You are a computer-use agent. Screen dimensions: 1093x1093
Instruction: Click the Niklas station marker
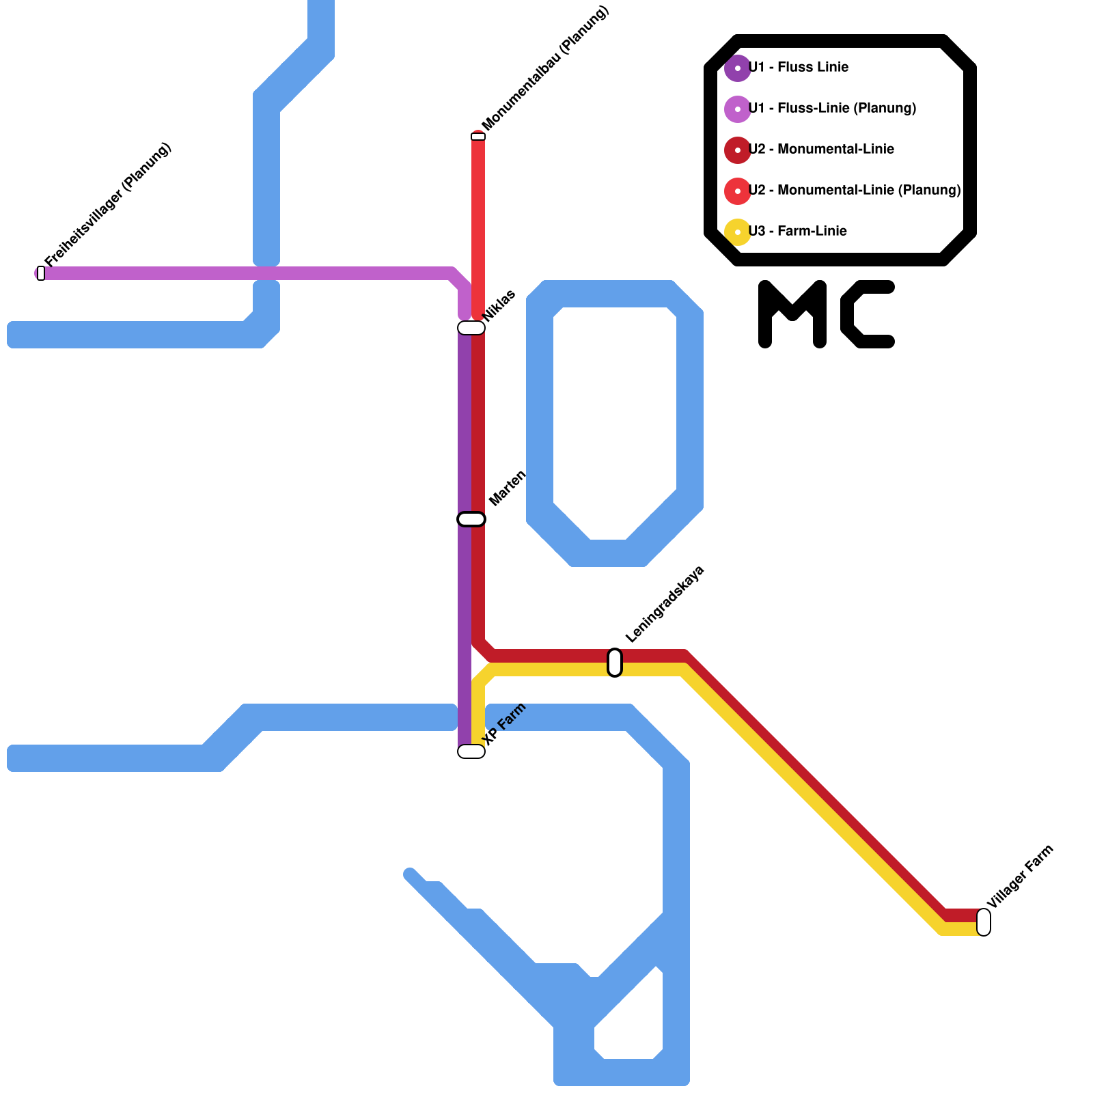pos(471,328)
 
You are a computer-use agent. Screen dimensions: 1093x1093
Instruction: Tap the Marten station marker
pos(471,519)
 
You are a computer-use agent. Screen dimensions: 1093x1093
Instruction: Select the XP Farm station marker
pos(471,751)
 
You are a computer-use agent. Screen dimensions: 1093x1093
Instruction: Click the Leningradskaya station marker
pos(615,663)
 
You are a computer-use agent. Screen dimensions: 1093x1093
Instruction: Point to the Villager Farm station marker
pos(984,922)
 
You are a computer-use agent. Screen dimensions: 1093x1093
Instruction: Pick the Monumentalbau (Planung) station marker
pos(478,137)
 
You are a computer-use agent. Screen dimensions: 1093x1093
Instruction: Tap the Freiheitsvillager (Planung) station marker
pos(41,273)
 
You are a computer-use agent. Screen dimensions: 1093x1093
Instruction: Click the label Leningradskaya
pos(664,605)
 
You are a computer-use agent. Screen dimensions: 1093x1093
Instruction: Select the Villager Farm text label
pos(1020,877)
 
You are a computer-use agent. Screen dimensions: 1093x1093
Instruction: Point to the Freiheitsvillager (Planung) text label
pos(108,205)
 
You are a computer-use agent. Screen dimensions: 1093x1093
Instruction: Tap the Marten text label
pos(508,488)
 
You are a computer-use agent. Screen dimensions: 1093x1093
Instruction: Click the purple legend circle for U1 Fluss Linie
pos(738,68)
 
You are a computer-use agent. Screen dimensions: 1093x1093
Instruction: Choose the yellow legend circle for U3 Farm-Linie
pos(738,232)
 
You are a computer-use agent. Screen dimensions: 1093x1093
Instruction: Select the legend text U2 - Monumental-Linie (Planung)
pos(855,190)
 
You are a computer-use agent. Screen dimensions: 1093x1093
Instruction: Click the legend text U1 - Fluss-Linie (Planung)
pos(832,108)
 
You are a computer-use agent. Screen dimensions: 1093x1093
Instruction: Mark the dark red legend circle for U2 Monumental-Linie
pos(738,150)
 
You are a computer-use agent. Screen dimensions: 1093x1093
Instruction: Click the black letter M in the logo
pos(792,314)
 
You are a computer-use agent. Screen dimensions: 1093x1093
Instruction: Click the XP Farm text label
pos(505,724)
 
